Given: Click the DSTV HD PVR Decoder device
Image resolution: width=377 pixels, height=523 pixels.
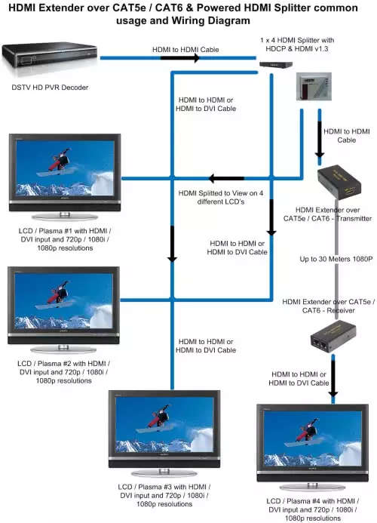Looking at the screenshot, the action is pos(49,56).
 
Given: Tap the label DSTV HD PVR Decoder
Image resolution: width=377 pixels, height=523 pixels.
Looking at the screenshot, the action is pos(50,88).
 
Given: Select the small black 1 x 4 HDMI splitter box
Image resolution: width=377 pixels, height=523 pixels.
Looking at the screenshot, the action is pos(276,65).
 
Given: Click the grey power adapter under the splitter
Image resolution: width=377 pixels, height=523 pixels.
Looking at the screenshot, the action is pos(314,87).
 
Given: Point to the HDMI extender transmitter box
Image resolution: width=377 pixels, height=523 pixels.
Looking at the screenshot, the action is pos(339,182).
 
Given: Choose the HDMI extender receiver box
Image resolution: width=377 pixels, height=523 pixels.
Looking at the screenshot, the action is pos(333,336).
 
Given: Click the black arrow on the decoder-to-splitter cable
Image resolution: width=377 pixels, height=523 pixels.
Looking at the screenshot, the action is pos(180,58).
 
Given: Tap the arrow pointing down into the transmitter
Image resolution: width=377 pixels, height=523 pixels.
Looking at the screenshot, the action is pos(320,141).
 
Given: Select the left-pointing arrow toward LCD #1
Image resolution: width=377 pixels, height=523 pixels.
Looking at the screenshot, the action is pos(227,178).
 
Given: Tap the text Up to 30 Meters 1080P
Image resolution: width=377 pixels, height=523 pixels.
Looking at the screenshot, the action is pos(336,259).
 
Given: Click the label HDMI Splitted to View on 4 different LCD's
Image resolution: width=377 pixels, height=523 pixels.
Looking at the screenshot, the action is pos(221,198).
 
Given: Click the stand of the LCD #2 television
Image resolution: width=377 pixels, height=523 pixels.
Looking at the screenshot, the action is pos(63,349).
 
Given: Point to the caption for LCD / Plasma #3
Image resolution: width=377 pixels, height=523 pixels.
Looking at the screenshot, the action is pos(164,495).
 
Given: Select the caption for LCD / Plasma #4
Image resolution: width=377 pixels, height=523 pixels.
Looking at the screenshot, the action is pos(313,509).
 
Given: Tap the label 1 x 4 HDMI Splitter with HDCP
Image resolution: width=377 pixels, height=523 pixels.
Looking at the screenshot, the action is pos(297,45).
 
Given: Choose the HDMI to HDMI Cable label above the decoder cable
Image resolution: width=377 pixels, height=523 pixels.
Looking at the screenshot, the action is pos(185,50).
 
